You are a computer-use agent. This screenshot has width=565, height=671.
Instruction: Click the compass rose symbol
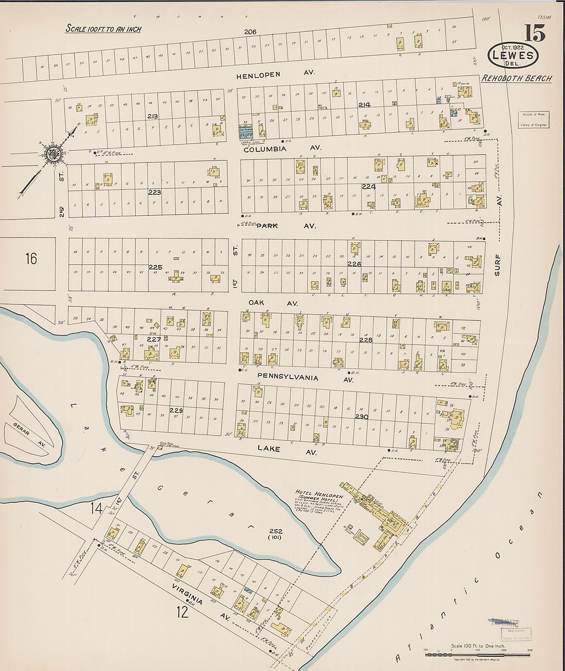(x=52, y=153)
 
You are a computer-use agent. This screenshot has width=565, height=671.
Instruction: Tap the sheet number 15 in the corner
(x=534, y=33)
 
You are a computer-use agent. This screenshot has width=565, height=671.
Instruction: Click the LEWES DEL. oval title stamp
(x=513, y=56)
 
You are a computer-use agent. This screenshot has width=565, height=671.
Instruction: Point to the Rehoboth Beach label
(x=517, y=79)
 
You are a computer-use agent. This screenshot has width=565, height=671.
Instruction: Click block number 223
(x=155, y=192)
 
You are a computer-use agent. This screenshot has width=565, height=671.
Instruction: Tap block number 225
(x=155, y=267)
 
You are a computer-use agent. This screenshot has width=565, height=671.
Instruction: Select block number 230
(x=362, y=416)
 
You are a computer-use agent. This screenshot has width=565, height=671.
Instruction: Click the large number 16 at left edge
(x=31, y=258)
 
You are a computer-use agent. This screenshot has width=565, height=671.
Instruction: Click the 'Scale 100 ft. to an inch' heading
(x=103, y=29)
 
